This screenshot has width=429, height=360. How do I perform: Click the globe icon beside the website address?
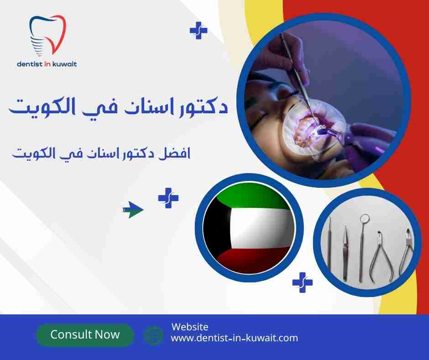pyautogui.click(x=153, y=335)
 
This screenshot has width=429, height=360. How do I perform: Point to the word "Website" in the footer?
pyautogui.click(x=190, y=327)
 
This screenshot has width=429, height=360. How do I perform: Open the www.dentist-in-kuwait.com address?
pyautogui.click(x=234, y=339)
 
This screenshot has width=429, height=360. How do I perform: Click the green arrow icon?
pyautogui.click(x=133, y=210)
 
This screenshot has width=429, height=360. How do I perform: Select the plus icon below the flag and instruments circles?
pyautogui.click(x=302, y=282)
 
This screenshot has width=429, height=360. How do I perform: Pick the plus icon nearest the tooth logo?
pyautogui.click(x=198, y=31)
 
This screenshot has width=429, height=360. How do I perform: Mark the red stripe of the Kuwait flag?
pyautogui.click(x=256, y=261)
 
